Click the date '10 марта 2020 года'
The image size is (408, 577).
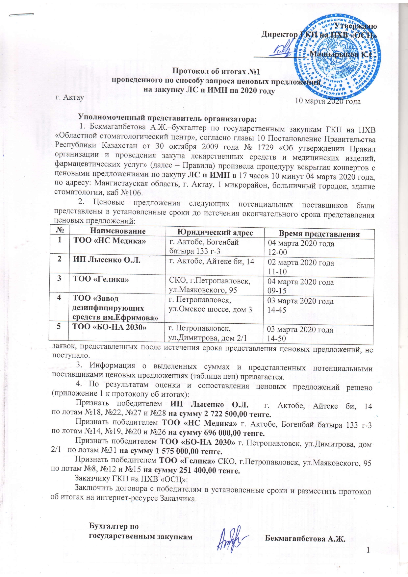(328, 101)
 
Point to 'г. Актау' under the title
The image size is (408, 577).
(69, 97)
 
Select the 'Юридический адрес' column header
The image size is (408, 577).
(215, 233)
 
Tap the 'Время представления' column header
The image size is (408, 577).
(319, 234)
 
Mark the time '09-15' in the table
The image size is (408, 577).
(277, 291)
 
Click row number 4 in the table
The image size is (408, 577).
(59, 298)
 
